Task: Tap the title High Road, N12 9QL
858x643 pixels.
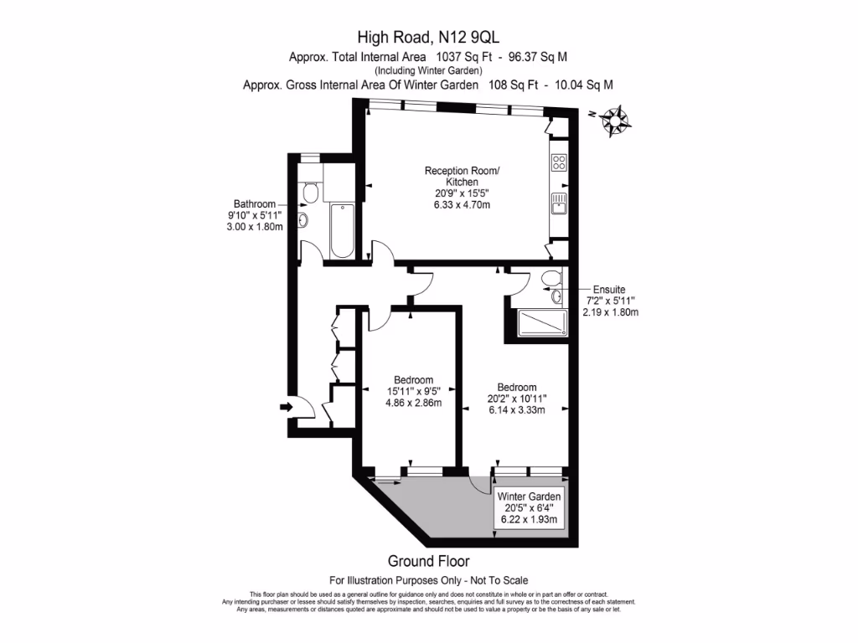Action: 428,36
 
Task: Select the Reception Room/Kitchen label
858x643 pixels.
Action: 462,176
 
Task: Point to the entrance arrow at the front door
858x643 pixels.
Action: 286,407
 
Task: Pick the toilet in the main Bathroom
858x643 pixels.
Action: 309,193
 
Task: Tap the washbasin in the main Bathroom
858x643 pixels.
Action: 303,221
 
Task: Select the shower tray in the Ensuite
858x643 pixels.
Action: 540,321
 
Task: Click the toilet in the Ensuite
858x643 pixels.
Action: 551,278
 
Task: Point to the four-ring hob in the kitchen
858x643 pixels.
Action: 559,162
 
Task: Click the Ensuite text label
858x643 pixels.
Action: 610,289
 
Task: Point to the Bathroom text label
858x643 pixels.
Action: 254,204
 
